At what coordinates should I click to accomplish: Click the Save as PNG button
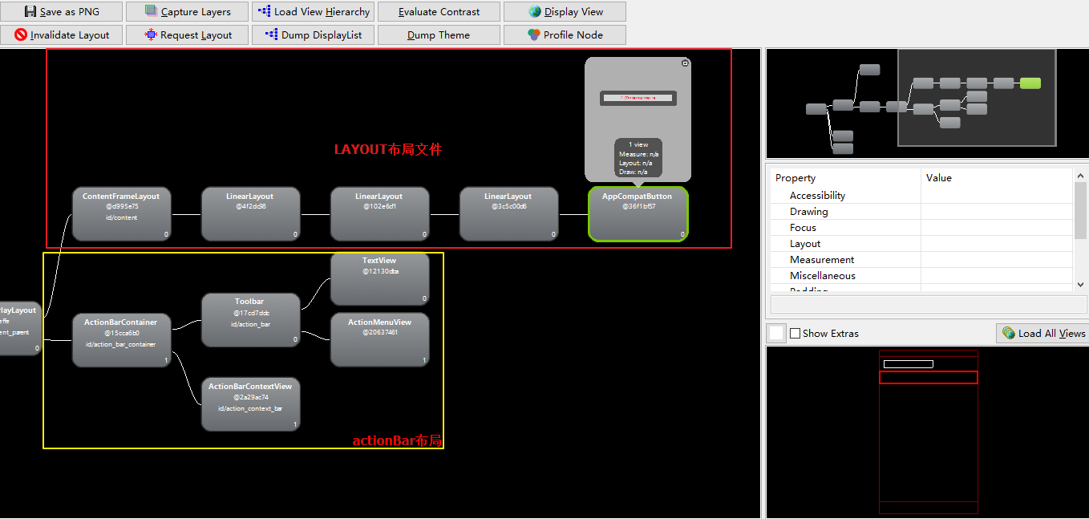[x=62, y=12]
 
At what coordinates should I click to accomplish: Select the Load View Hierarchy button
[x=313, y=12]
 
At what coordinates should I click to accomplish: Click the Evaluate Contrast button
[x=439, y=12]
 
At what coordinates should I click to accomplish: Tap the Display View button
[x=565, y=12]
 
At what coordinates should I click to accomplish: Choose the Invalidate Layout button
[x=62, y=35]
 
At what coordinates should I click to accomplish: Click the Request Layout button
[x=188, y=35]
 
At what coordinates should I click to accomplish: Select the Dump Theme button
[x=439, y=35]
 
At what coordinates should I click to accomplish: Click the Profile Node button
[x=565, y=35]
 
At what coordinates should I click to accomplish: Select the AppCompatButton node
[x=638, y=214]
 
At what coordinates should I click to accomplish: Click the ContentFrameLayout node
[x=121, y=214]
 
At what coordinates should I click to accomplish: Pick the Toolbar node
[x=250, y=320]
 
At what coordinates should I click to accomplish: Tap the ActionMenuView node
[x=379, y=339]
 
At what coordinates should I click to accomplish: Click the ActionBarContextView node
[x=250, y=404]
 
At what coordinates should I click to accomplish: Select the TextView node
[x=379, y=278]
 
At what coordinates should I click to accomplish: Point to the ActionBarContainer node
[x=121, y=340]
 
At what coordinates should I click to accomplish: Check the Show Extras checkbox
[x=795, y=334]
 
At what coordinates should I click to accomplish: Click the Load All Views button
[x=1042, y=334]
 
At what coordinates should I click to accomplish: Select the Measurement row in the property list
[x=822, y=260]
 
